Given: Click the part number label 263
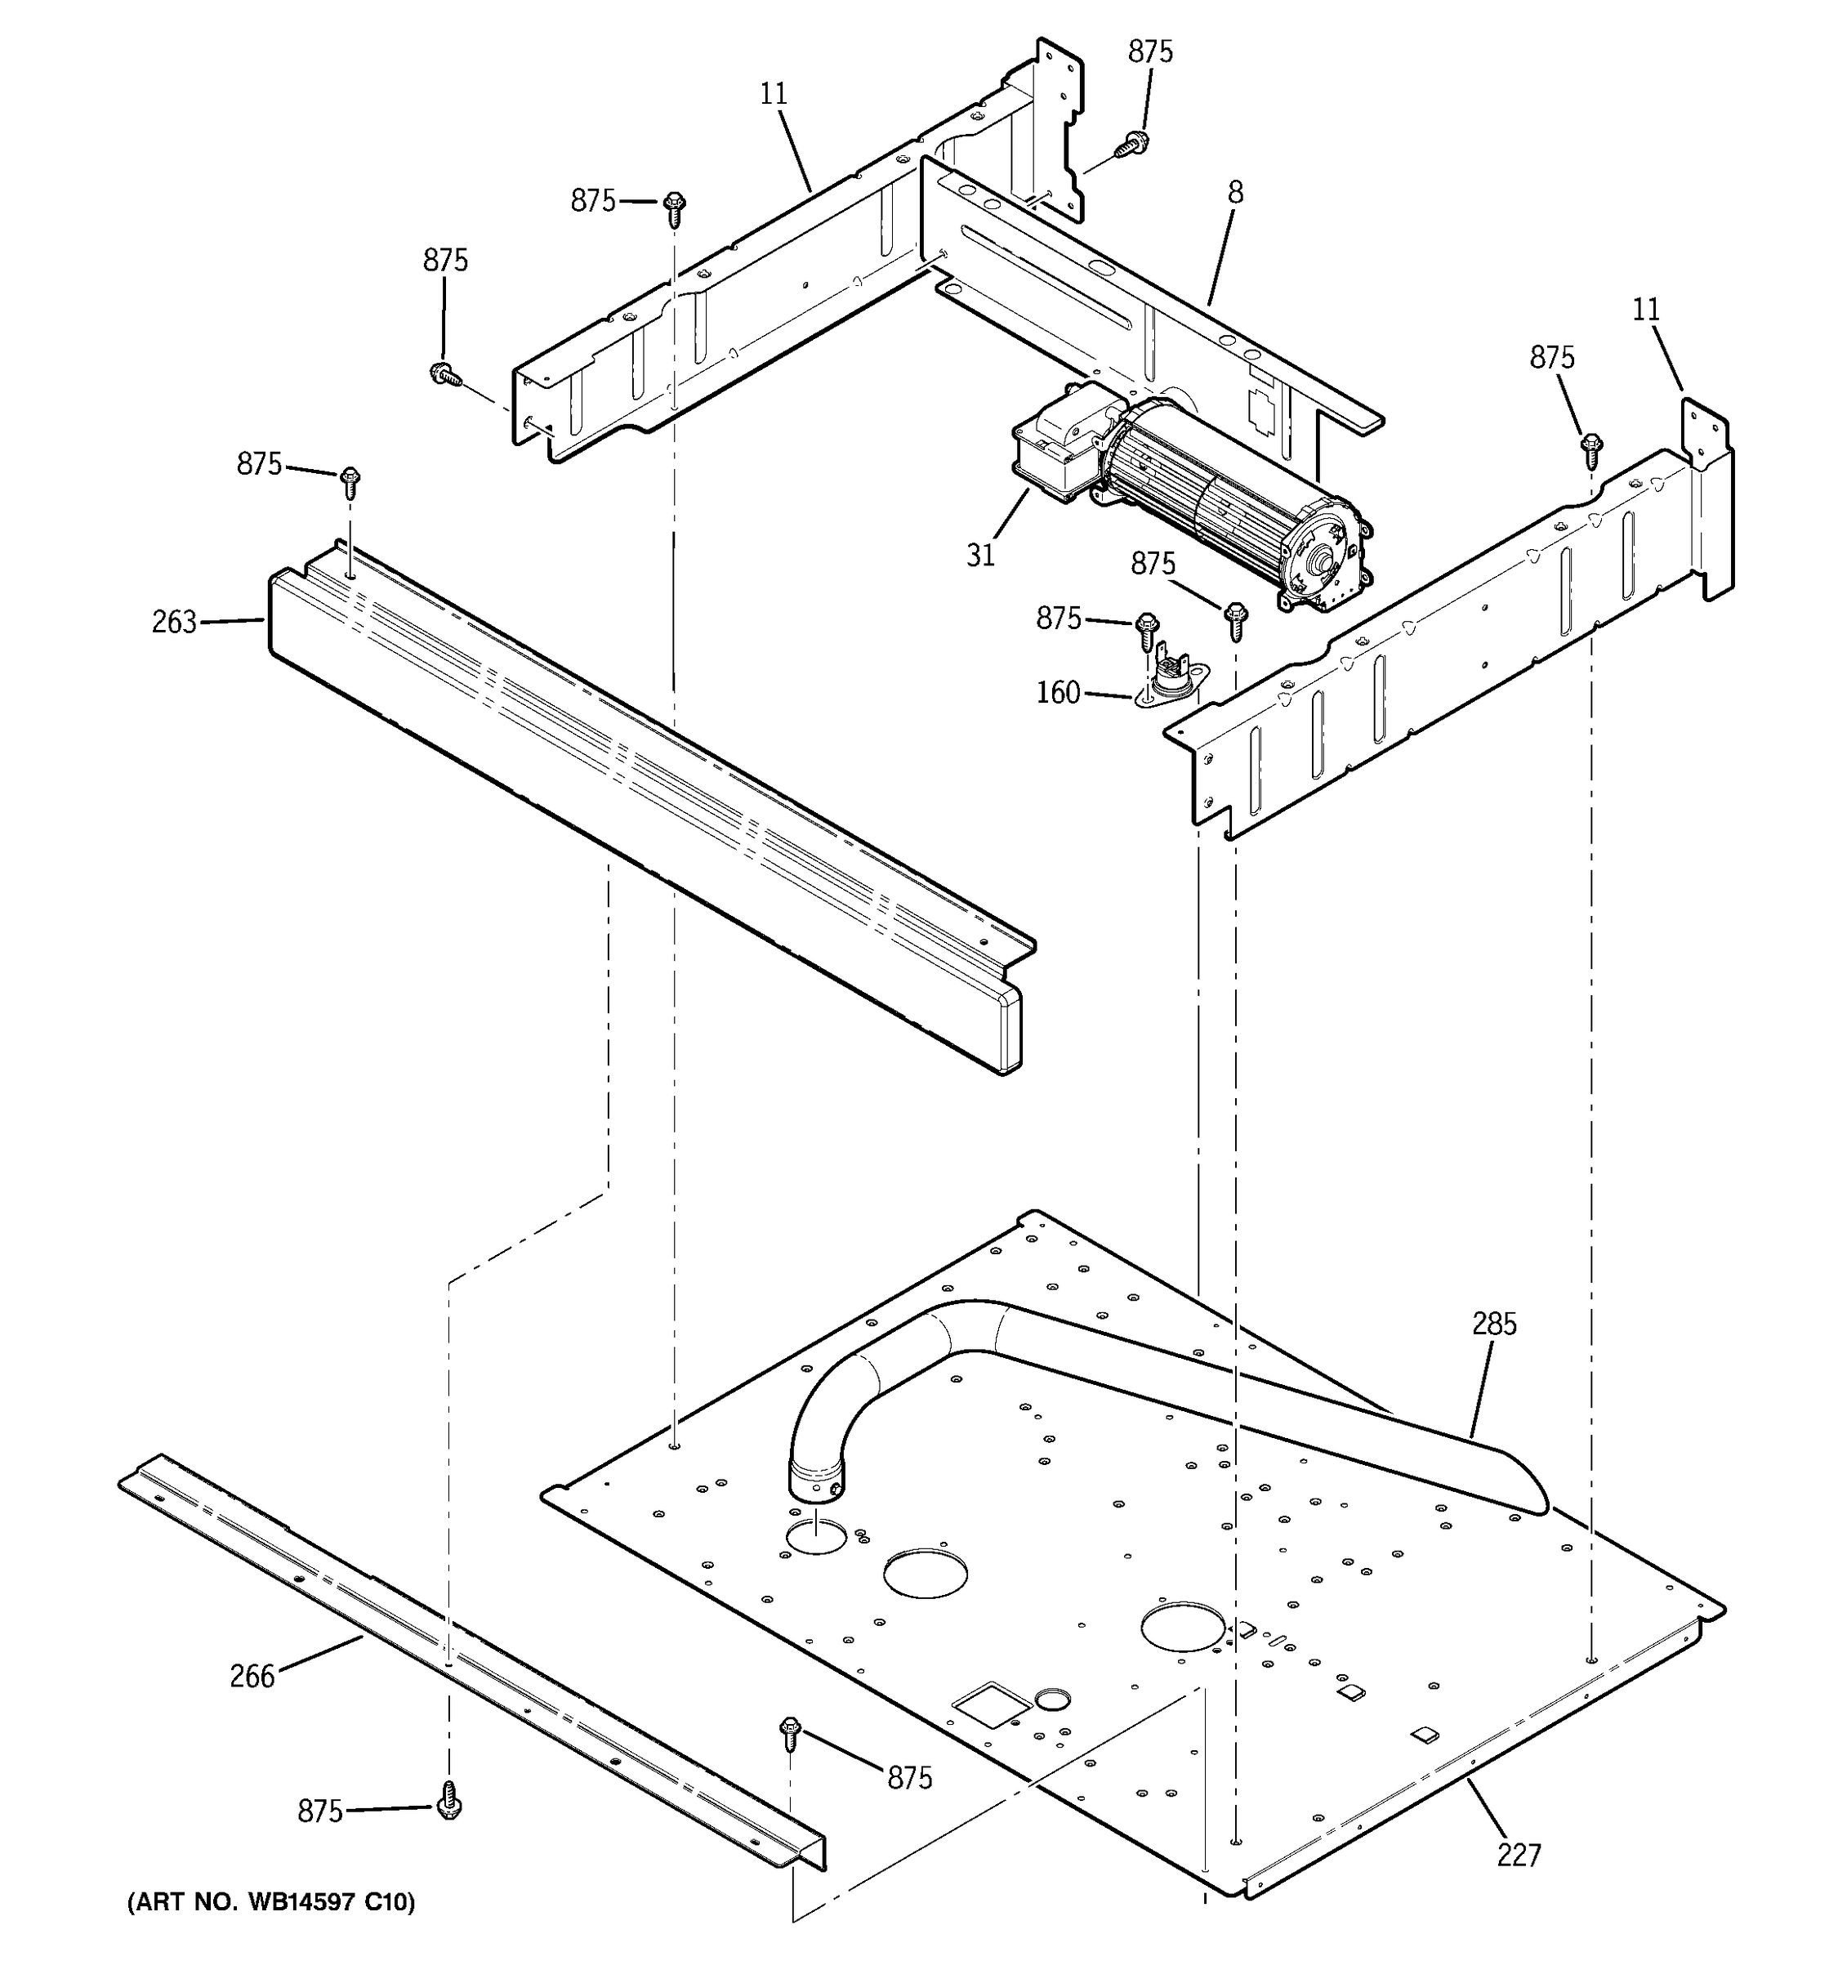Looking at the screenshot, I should (x=173, y=623).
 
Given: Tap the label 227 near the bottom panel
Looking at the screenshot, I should (x=1519, y=1856).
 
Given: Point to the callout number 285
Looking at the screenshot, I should (x=1494, y=1324).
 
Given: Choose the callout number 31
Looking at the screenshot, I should (x=980, y=556).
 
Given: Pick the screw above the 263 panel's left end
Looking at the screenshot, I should (x=349, y=482).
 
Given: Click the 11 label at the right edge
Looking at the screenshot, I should (x=1646, y=310).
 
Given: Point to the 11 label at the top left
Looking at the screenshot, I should (x=774, y=94).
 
